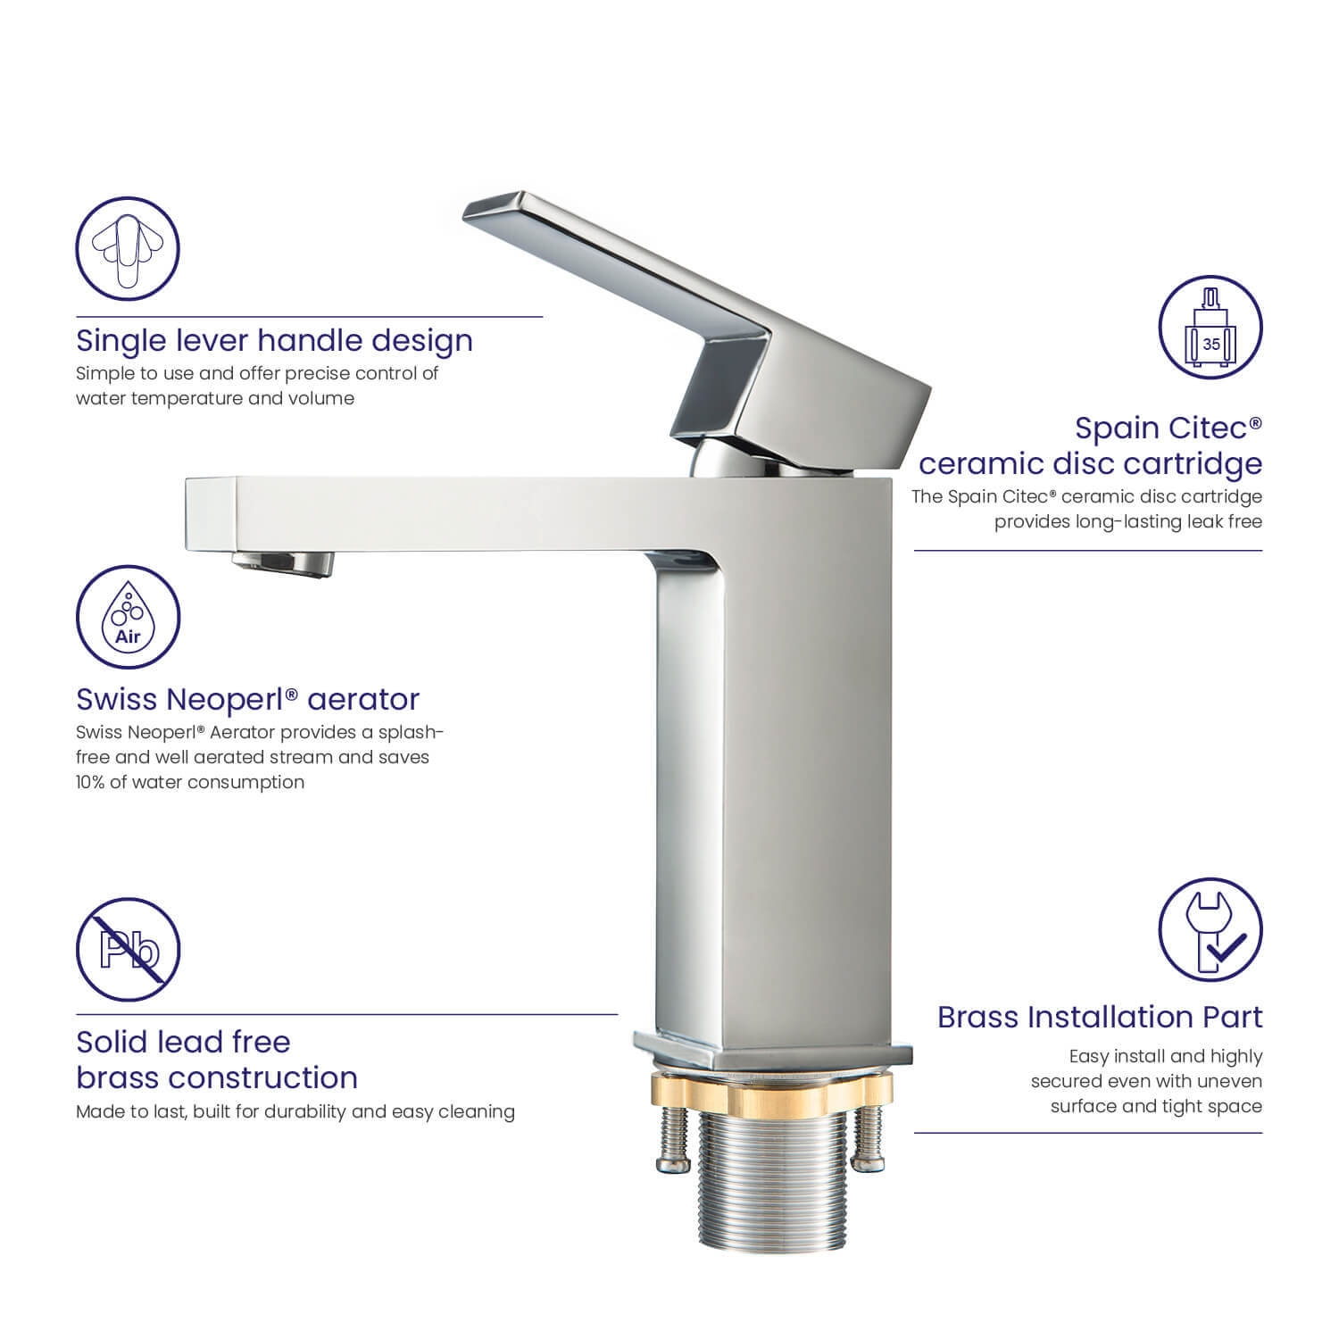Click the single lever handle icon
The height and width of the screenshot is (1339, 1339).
coord(128,248)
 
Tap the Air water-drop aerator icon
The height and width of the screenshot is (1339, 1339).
coord(128,617)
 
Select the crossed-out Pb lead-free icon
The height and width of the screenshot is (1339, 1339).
coord(128,950)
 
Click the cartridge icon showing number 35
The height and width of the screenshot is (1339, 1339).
coord(1210,327)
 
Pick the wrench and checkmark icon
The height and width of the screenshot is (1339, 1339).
coord(1210,929)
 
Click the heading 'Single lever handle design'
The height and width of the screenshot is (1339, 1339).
coord(274,341)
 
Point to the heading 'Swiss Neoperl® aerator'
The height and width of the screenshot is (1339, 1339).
coord(247,699)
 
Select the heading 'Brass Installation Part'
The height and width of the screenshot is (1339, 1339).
coord(1100,1017)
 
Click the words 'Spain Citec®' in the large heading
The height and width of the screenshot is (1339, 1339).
coord(1169,428)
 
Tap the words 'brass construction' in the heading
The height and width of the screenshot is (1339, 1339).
coord(217,1077)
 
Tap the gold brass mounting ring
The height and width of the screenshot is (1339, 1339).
coord(772,1087)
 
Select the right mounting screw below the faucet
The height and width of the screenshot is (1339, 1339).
coord(867,1139)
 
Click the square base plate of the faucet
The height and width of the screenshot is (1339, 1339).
coord(773,1051)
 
